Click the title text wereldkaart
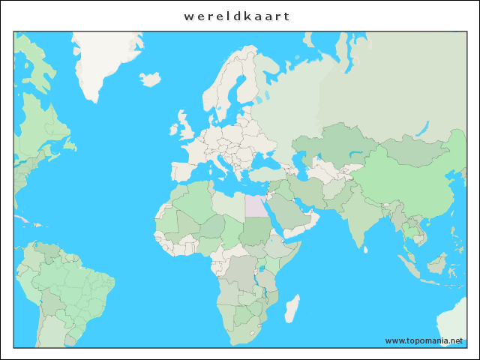pos(237,16)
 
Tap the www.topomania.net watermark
pos(424,340)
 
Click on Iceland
pos(151,78)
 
